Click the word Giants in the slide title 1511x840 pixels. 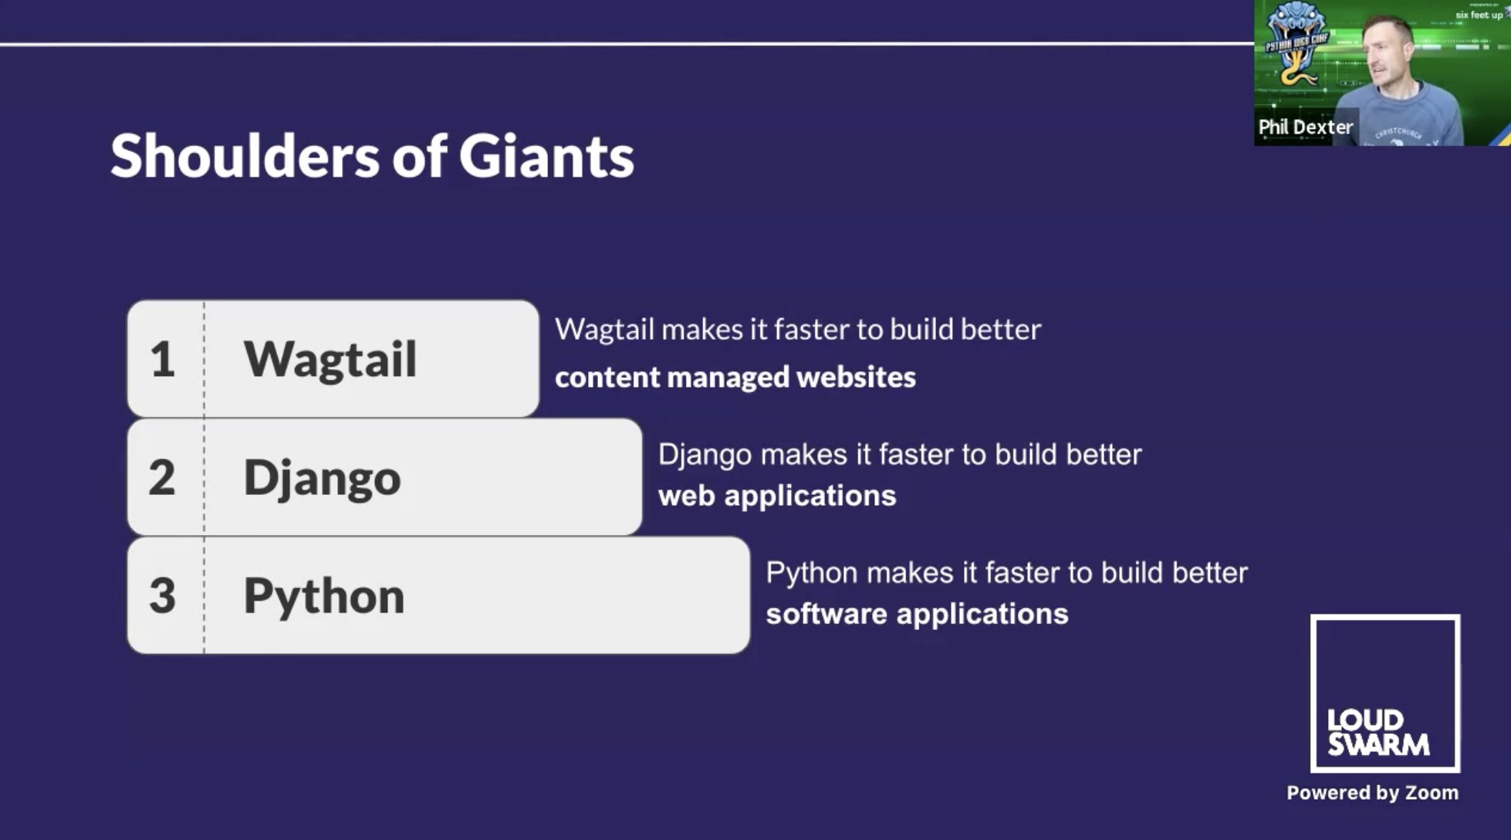tap(546, 156)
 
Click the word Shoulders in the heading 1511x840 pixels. tap(245, 156)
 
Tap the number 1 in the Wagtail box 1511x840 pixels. tap(163, 360)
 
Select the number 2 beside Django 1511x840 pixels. tap(162, 478)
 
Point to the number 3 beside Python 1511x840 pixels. tap(162, 596)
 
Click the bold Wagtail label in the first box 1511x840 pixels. tap(330, 360)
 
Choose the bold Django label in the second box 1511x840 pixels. tap(322, 478)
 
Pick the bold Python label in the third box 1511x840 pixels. tap(323, 596)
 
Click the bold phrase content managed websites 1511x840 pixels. tap(735, 378)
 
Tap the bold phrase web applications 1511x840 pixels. tap(776, 496)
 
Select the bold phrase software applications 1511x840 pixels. tap(917, 614)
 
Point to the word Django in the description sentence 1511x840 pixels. tap(705, 455)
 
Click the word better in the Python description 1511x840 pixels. tap(1209, 573)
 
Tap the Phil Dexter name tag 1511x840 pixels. tap(1305, 127)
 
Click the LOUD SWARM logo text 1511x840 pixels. tap(1377, 733)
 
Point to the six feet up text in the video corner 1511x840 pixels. tap(1479, 15)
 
